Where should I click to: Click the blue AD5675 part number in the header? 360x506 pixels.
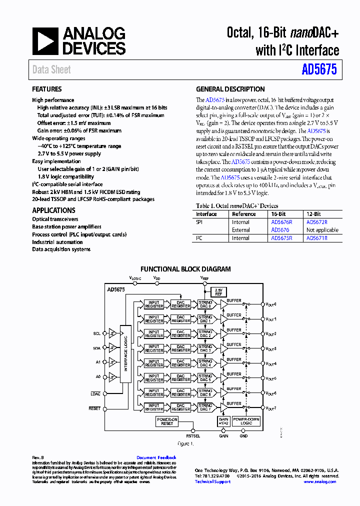point(319,70)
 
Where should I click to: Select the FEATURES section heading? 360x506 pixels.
point(47,89)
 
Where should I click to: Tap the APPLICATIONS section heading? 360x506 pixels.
point(53,210)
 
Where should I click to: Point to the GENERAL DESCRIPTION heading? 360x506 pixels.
point(230,89)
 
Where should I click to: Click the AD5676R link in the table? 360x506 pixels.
point(281,222)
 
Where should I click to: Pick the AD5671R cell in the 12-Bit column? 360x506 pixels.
point(316,238)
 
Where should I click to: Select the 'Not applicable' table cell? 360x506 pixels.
point(322,230)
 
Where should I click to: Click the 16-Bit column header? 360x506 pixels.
point(278,214)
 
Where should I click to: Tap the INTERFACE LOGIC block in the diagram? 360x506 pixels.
point(125,354)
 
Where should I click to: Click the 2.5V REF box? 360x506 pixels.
point(218,291)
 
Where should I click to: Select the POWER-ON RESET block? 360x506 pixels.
point(167,421)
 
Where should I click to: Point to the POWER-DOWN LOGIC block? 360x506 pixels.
point(246,421)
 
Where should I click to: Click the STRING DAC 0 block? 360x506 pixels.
point(205,304)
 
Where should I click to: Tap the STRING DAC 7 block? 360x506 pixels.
point(205,407)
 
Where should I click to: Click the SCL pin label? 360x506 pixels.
point(96,332)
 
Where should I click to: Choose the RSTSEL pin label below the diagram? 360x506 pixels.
point(193,436)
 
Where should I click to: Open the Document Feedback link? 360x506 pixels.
point(156,457)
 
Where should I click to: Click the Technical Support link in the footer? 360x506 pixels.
point(212,481)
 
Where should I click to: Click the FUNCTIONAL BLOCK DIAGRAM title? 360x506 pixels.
point(185,269)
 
